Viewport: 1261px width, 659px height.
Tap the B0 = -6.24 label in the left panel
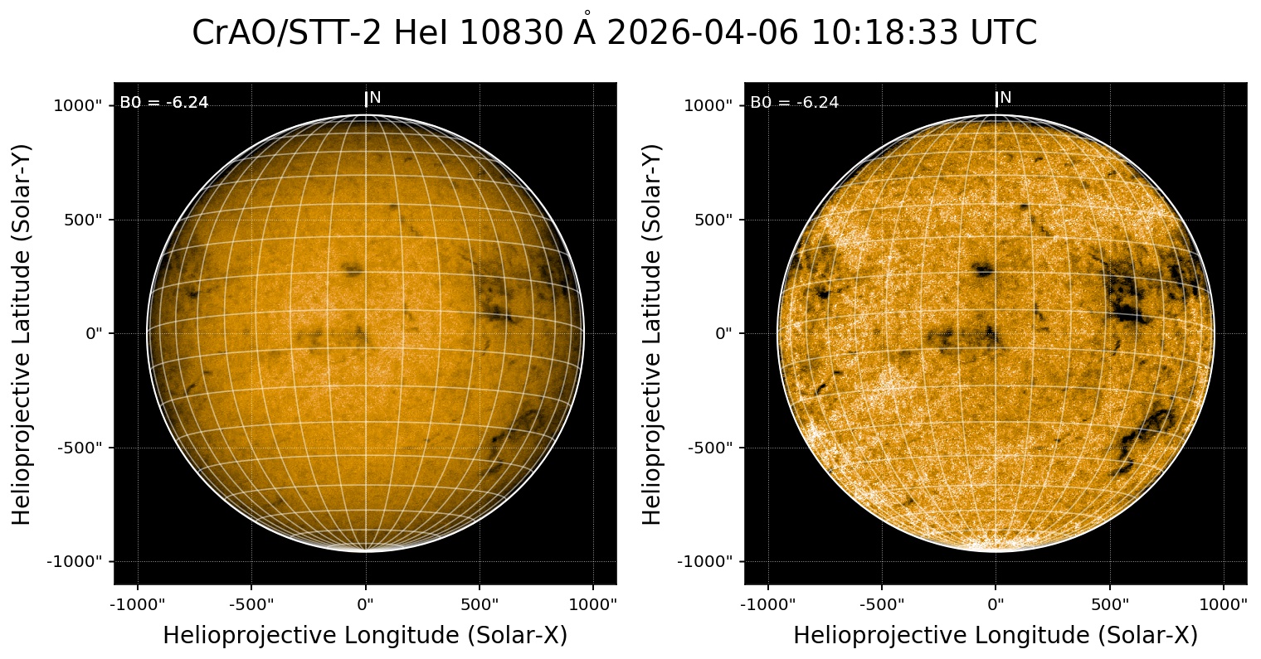(x=164, y=103)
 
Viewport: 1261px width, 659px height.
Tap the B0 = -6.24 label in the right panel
(x=795, y=103)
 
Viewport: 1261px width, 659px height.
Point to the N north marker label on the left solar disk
(x=375, y=98)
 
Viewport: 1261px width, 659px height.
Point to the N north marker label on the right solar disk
(x=1005, y=98)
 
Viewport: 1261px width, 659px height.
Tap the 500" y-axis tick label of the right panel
(x=712, y=220)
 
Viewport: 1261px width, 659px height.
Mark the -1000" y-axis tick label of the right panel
(x=707, y=561)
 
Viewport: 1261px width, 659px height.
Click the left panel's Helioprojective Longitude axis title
(x=365, y=636)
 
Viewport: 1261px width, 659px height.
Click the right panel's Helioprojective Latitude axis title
(x=654, y=333)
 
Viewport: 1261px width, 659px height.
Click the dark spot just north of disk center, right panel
(x=984, y=269)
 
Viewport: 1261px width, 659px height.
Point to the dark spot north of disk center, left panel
(x=353, y=269)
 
